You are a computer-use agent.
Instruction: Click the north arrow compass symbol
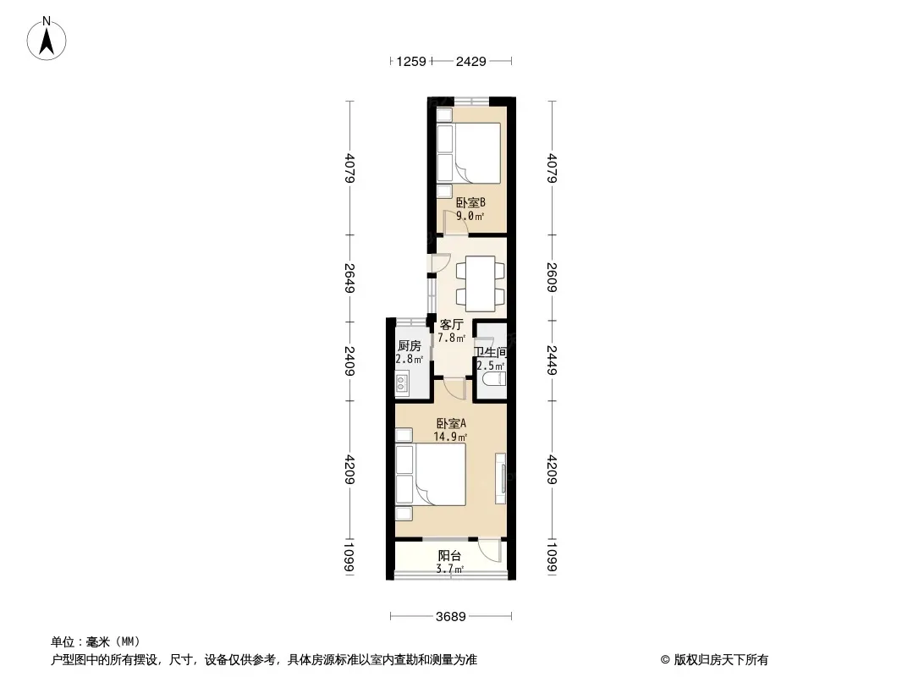coord(47,39)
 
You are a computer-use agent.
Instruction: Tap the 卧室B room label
coord(470,202)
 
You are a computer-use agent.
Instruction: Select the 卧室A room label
coord(450,423)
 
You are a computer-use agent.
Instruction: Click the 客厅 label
coord(451,324)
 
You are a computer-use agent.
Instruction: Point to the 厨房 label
coord(409,345)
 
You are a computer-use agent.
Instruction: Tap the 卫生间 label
coord(490,352)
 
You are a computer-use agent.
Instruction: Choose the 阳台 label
coord(449,556)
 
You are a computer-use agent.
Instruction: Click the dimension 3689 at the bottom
coord(450,617)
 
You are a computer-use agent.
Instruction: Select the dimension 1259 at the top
coord(411,61)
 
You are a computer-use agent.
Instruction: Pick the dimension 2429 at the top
coord(471,61)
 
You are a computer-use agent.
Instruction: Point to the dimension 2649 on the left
coord(349,278)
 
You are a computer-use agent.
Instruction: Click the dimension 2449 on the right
coord(552,360)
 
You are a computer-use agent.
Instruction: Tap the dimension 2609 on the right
coord(552,278)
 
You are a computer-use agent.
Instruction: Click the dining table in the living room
coord(481,283)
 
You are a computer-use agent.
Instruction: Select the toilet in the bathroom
coord(493,378)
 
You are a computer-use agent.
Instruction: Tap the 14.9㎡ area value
coord(450,437)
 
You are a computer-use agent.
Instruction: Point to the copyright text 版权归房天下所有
coord(721,660)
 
